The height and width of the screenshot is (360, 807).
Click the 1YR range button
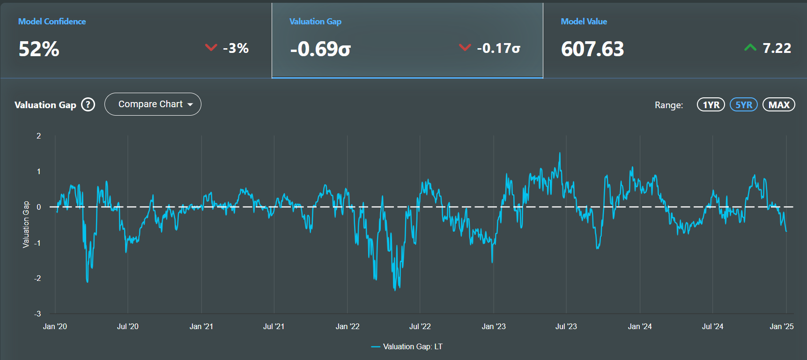711,104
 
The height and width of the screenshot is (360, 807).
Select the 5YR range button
744,104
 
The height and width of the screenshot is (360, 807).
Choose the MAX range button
779,104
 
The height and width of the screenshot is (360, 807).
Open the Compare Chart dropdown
153,104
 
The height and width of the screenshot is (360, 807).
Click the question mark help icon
88,104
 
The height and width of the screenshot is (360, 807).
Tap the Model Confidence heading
52,22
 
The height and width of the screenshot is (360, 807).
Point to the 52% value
39,49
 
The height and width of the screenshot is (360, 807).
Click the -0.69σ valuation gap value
320,49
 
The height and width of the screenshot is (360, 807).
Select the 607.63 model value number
592,49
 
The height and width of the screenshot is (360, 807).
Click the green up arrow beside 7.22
750,47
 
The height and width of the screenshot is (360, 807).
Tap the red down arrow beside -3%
211,47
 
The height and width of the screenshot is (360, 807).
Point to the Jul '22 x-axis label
420,326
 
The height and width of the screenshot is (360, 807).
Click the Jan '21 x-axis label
201,326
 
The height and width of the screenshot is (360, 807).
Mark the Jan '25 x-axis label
782,326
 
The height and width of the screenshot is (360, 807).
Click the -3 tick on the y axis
37,314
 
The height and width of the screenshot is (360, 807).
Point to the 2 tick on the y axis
39,136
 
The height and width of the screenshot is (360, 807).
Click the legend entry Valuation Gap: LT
407,346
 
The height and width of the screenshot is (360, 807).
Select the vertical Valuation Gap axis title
26,224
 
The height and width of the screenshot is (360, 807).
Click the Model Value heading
584,22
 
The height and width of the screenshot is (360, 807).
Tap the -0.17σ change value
498,48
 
